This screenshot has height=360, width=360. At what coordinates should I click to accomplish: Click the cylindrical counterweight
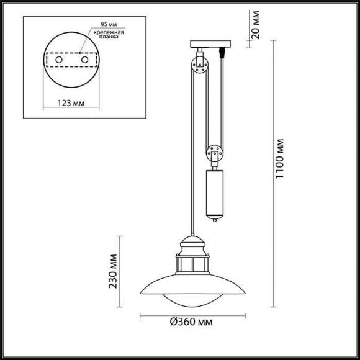pos(214,192)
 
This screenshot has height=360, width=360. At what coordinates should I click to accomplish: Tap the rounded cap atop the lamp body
pos(192,240)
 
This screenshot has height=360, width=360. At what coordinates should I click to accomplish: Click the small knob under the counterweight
pos(214,218)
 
